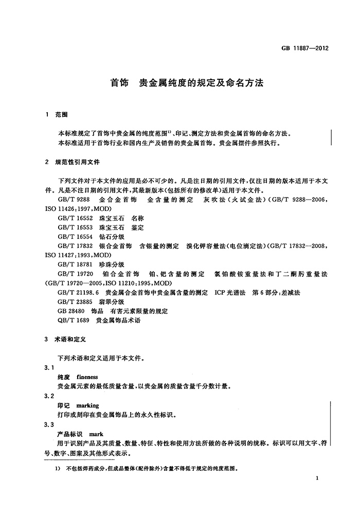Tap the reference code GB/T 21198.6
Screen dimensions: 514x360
pos(79,292)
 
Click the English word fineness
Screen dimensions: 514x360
pos(91,377)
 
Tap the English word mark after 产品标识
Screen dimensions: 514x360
pos(96,434)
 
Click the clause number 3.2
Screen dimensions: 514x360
pos(49,396)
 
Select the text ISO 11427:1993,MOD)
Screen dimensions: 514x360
pos(78,255)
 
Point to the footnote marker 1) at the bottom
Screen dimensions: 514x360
pos(58,469)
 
